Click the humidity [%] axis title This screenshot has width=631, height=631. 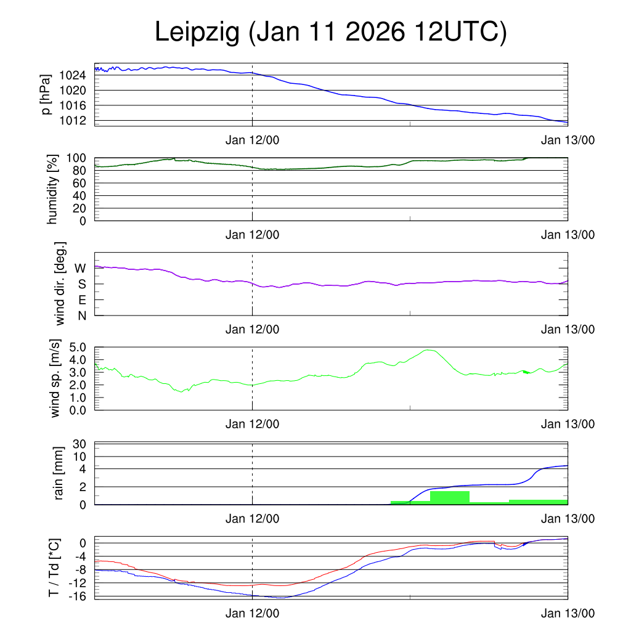click(51, 189)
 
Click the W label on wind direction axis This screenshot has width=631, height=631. click(80, 268)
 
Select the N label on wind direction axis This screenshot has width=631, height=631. click(81, 315)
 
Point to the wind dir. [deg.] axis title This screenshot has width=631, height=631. click(60, 283)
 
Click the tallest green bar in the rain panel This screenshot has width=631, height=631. click(450, 497)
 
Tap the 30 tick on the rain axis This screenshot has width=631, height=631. click(81, 444)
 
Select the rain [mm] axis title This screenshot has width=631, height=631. click(60, 473)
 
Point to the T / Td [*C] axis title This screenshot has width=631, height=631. click(54, 568)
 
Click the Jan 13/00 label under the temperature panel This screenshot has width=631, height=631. click(568, 613)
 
